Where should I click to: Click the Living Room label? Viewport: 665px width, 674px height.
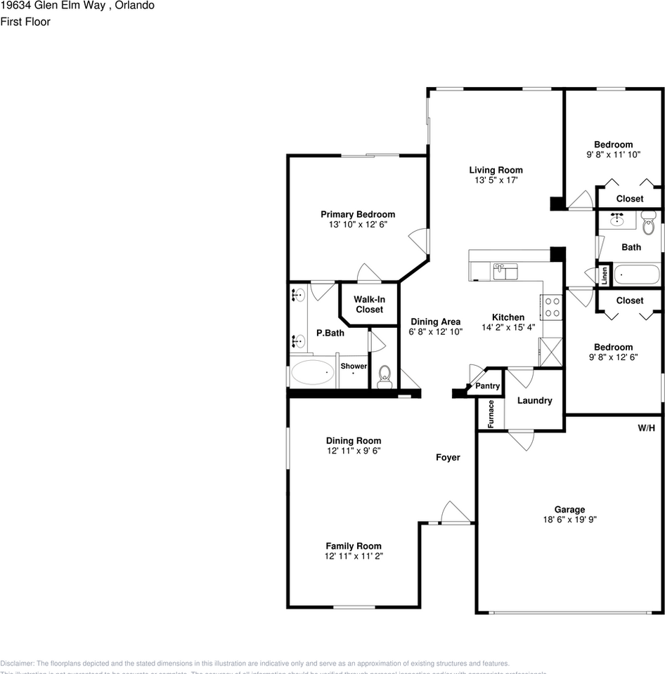coord(496,170)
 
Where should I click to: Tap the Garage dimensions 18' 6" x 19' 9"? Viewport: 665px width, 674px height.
coord(569,520)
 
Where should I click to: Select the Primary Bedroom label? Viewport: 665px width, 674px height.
coord(358,214)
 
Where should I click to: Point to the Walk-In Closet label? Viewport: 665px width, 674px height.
coord(369,304)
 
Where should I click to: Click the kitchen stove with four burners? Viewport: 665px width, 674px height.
coord(552,306)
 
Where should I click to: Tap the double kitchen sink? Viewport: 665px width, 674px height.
coord(505,271)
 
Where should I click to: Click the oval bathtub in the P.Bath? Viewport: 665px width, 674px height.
coord(314,372)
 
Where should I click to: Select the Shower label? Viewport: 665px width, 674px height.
coord(354,366)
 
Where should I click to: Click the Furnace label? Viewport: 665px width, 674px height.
coord(491,414)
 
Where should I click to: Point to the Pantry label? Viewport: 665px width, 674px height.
coord(487,386)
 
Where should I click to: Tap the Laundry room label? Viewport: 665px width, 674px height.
coord(534,400)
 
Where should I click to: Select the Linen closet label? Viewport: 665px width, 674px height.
coord(603,275)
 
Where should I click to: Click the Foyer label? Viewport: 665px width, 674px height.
coord(448,457)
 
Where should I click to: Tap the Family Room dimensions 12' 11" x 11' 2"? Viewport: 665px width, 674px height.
coord(354,556)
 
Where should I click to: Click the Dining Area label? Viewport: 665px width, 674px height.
coord(435,322)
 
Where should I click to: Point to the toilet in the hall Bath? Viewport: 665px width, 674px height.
coord(647,226)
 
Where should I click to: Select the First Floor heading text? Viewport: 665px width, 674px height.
coord(25,22)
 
